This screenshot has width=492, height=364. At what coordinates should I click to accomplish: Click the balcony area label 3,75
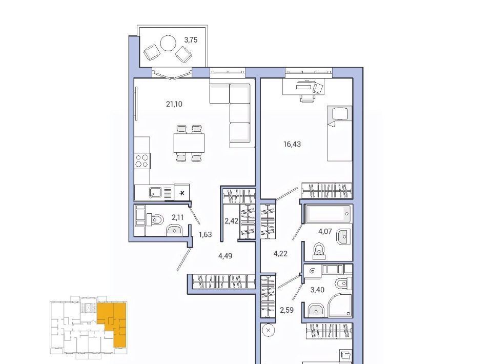click(x=191, y=40)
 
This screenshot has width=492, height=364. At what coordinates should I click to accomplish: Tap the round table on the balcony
click(x=168, y=43)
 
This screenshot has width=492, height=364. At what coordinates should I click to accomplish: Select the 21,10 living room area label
click(x=174, y=104)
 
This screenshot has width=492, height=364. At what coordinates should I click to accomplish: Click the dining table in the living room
click(x=189, y=143)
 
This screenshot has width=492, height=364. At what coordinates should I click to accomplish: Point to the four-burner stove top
click(x=142, y=160)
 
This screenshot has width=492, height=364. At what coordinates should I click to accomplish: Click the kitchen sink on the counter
click(x=155, y=192)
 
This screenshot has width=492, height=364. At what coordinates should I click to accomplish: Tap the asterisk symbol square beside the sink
click(x=181, y=192)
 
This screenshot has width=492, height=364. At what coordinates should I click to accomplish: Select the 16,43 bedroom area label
click(x=292, y=144)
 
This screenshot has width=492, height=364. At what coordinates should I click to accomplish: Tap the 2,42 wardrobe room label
click(x=232, y=221)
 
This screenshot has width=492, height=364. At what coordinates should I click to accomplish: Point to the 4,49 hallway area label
click(x=225, y=256)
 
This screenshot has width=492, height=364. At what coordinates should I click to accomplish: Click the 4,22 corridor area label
click(x=280, y=254)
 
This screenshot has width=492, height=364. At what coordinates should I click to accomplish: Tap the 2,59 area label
click(x=286, y=310)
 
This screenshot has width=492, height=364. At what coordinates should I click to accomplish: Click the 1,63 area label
click(x=206, y=234)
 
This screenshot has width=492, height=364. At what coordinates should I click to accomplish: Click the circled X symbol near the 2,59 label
click(x=268, y=331)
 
